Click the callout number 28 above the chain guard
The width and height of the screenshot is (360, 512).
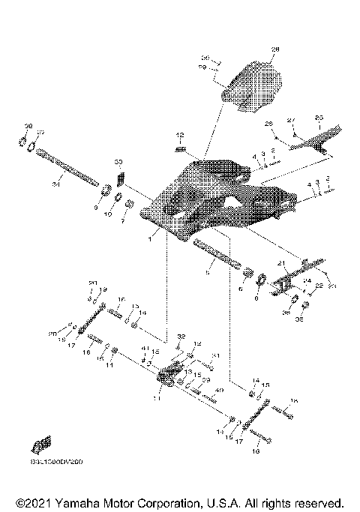tap(274, 49)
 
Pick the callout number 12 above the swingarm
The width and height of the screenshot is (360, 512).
tap(180, 134)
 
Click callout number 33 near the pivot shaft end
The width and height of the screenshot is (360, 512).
tap(118, 162)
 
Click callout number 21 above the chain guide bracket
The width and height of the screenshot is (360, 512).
tap(283, 263)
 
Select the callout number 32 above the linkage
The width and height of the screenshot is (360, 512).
tap(181, 337)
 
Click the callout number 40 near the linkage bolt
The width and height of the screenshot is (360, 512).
tap(219, 392)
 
